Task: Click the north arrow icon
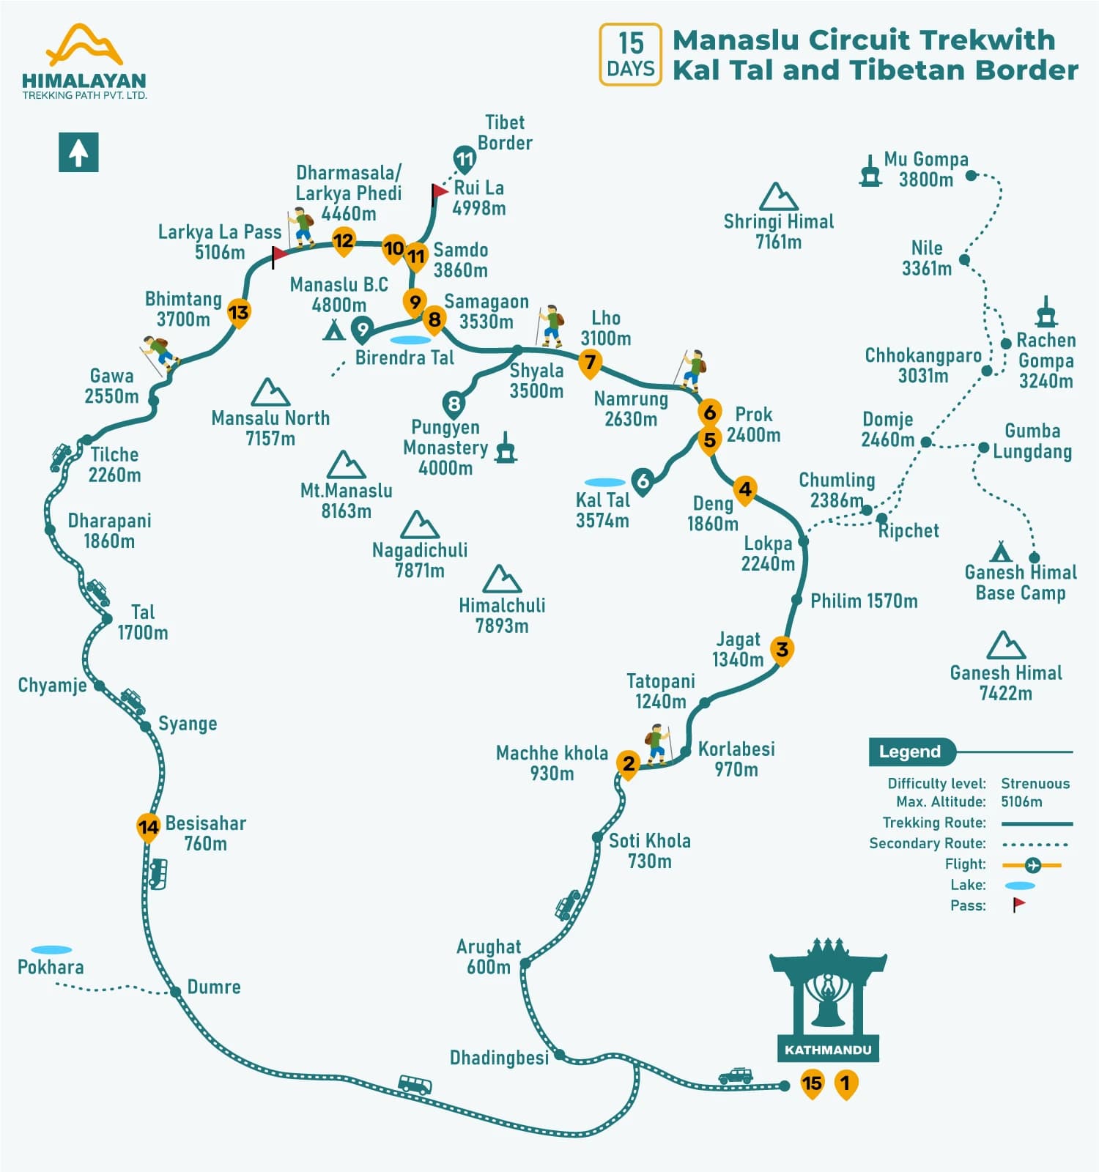(78, 152)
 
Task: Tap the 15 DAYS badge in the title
(630, 55)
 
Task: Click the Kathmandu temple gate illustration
(828, 996)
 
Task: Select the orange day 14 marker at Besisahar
(148, 827)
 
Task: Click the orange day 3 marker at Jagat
(782, 649)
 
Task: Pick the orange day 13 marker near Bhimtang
(238, 313)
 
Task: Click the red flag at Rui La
(439, 193)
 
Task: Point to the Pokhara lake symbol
(51, 949)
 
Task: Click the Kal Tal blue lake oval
(604, 482)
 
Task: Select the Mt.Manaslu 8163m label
(346, 501)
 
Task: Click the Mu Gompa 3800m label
(926, 169)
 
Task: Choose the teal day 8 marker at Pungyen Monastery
(454, 404)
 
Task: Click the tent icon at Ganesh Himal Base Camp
(1000, 551)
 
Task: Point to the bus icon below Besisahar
(158, 873)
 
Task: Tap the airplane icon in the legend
(1032, 865)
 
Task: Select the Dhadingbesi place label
(499, 1058)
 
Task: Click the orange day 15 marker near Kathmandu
(812, 1083)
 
